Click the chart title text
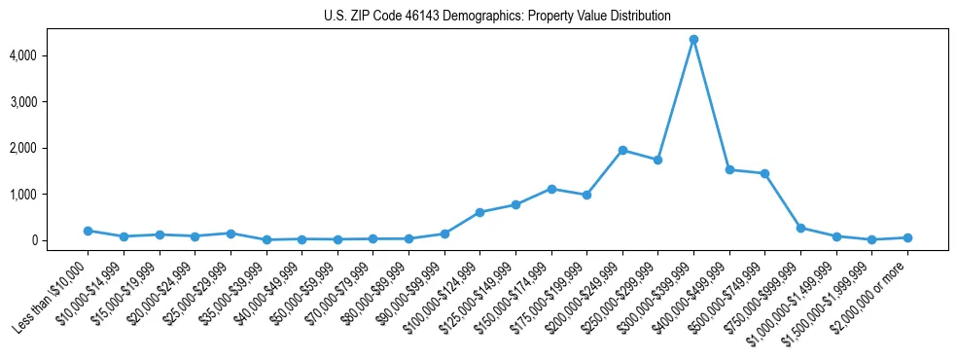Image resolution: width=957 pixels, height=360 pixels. click(497, 17)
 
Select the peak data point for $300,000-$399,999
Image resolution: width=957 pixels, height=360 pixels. click(693, 40)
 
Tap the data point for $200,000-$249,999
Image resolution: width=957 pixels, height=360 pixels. click(622, 150)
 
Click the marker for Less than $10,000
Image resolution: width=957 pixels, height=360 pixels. click(88, 231)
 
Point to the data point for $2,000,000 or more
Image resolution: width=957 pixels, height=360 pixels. click(907, 237)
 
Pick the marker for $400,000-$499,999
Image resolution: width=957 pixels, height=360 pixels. click(729, 169)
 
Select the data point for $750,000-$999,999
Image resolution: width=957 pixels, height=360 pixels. click(800, 228)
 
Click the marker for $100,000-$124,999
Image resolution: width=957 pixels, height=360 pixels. click(479, 212)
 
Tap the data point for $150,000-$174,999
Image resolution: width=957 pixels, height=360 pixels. click(551, 189)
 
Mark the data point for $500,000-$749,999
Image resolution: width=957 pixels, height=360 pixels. click(765, 173)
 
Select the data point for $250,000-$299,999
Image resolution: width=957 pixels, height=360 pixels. click(657, 160)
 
